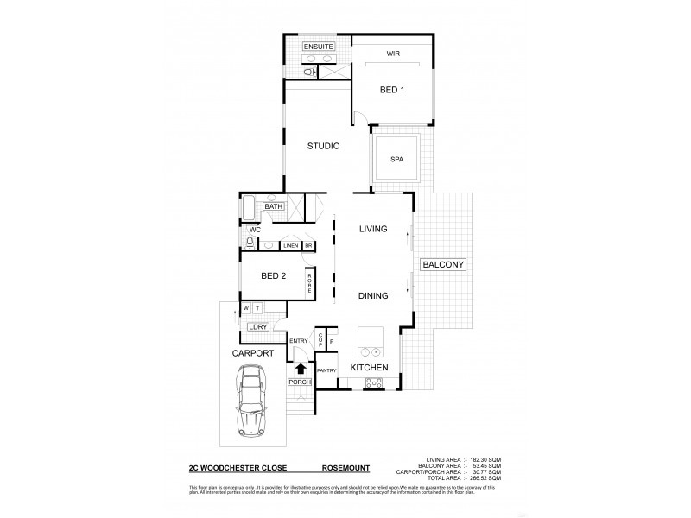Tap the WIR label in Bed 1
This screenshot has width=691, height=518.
[x=393, y=54]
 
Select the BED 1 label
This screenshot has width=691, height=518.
[x=393, y=90]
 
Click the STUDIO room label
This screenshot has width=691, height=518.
[x=323, y=146]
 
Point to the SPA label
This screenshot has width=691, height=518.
[x=396, y=160]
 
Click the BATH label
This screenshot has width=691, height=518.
[x=274, y=207]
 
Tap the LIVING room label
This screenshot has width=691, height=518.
[x=373, y=229]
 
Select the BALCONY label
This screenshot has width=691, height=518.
[x=441, y=263]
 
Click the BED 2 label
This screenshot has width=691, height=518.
[x=274, y=276]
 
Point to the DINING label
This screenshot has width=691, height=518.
[x=373, y=295]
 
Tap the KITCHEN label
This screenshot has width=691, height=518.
[x=369, y=368]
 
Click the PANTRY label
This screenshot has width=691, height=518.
[x=326, y=370]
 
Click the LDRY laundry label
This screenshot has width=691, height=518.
[x=257, y=327]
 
